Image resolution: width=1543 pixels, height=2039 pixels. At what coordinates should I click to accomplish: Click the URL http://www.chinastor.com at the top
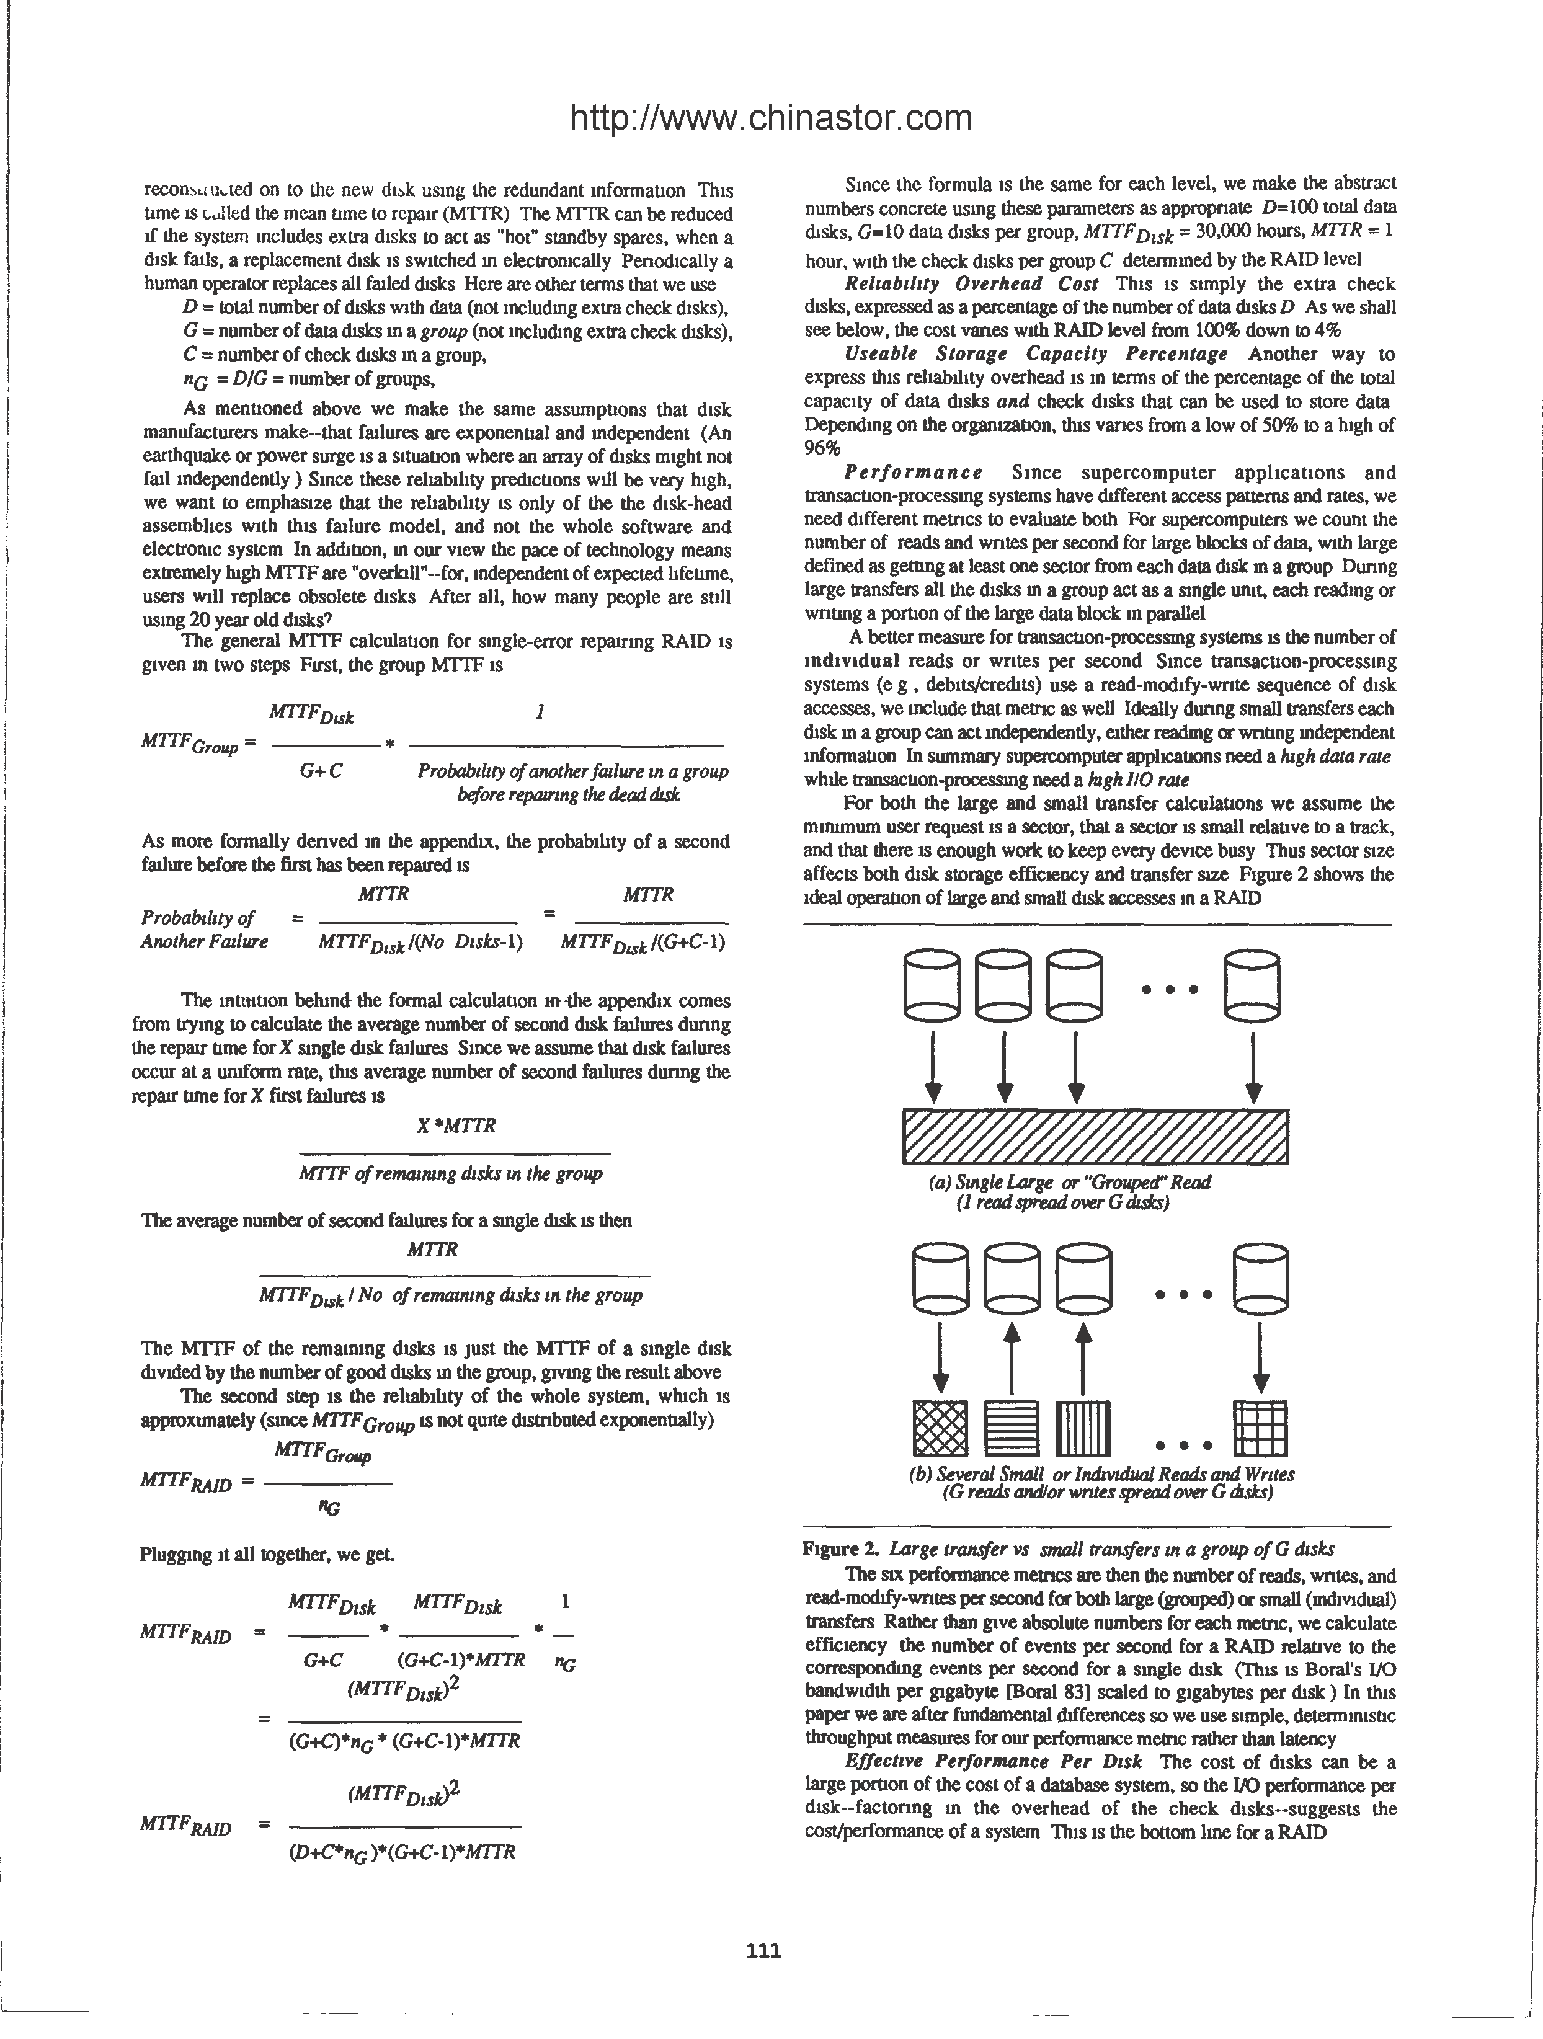pos(772,118)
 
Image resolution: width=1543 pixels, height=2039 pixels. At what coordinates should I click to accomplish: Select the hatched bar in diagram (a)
pos(1095,1137)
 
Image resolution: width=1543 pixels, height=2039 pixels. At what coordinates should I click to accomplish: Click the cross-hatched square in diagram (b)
pos(940,1428)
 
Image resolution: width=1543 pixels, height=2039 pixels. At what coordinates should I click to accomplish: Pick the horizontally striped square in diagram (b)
pos(1011,1428)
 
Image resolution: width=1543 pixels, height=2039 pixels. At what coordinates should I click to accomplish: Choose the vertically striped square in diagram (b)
pos(1083,1428)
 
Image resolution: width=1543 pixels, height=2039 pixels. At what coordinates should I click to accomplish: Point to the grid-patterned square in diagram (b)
pos(1260,1428)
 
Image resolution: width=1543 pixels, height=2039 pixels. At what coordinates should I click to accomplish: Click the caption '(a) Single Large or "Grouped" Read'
pos(1069,1182)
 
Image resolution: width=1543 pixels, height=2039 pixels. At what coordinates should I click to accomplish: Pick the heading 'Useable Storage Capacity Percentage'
pos(1036,354)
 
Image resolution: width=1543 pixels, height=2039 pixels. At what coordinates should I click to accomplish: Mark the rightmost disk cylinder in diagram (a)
pos(1252,985)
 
